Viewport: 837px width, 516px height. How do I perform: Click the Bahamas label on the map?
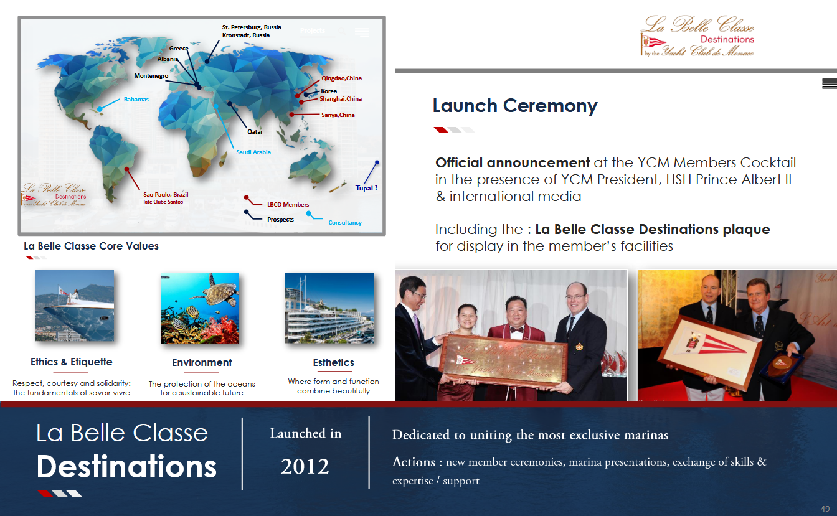click(x=136, y=100)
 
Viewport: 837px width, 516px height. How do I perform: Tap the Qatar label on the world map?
click(x=255, y=132)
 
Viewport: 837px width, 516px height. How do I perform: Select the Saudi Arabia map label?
click(x=253, y=152)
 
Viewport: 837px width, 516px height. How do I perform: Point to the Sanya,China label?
click(x=338, y=115)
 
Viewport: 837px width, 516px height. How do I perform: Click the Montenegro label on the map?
click(x=151, y=76)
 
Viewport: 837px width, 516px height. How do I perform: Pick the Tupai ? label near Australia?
click(x=366, y=188)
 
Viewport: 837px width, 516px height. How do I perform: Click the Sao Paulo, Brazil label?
click(x=166, y=195)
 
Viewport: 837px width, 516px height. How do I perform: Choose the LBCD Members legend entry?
click(x=288, y=205)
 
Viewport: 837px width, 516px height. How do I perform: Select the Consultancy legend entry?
click(x=345, y=223)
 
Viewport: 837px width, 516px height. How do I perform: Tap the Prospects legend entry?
click(x=280, y=220)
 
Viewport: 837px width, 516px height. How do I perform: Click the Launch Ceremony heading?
click(x=515, y=106)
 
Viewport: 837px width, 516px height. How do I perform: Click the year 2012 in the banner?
click(x=305, y=466)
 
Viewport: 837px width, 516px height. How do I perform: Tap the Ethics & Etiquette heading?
click(x=72, y=362)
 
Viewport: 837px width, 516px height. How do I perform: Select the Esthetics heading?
click(x=334, y=362)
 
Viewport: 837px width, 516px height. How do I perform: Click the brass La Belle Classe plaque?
click(x=503, y=360)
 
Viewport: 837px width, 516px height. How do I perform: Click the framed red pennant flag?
click(x=711, y=351)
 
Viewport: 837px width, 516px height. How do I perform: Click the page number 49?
click(x=825, y=509)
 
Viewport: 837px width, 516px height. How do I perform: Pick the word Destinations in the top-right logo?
click(x=727, y=39)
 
